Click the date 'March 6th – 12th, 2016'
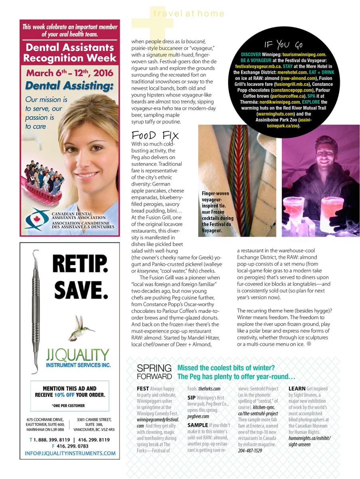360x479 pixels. [x=69, y=73]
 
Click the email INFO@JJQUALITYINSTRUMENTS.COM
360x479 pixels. [x=70, y=453]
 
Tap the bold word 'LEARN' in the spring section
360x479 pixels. [x=297, y=388]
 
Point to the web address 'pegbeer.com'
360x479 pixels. [x=198, y=416]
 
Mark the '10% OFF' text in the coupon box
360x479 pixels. [x=67, y=395]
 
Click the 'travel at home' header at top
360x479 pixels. [x=189, y=14]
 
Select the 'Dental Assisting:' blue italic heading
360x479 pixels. [x=69, y=85]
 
